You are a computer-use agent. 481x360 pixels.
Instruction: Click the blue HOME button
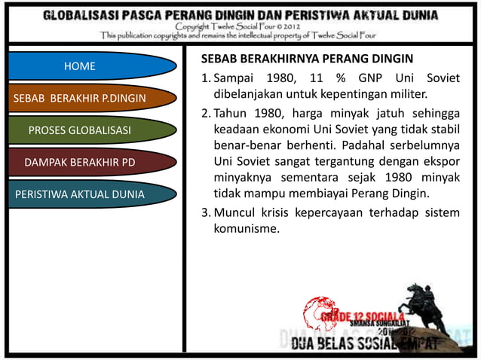79,66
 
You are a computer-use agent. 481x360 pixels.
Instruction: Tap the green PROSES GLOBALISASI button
79,130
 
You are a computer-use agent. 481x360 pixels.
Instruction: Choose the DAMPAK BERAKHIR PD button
80,162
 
